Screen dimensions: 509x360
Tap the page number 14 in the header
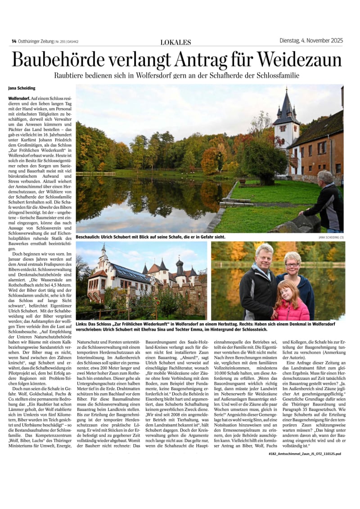click(x=14, y=41)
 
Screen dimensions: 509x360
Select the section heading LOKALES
click(x=175, y=42)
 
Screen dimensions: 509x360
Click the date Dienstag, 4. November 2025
click(x=311, y=41)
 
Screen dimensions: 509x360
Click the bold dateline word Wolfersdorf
click(x=19, y=98)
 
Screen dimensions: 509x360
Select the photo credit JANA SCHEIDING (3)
click(x=331, y=237)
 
